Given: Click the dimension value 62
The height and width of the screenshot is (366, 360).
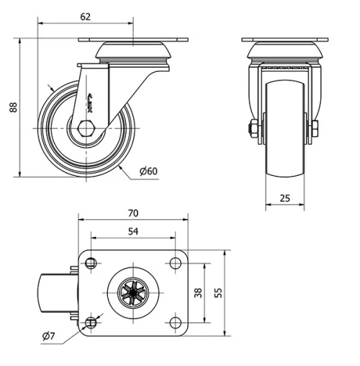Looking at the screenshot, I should (x=86, y=14).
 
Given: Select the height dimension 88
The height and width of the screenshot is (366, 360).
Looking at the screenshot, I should (x=12, y=107).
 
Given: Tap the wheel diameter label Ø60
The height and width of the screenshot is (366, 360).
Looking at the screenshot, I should (x=148, y=171).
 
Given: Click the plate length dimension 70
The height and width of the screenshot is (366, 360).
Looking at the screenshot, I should (x=132, y=214).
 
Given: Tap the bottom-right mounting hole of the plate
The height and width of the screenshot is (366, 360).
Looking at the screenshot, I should (x=176, y=322).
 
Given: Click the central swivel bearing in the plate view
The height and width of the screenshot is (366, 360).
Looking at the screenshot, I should (x=132, y=293).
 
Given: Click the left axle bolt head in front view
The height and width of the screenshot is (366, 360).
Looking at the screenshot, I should (x=252, y=130).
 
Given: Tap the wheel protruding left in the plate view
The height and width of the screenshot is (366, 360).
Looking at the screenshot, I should (x=54, y=293).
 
